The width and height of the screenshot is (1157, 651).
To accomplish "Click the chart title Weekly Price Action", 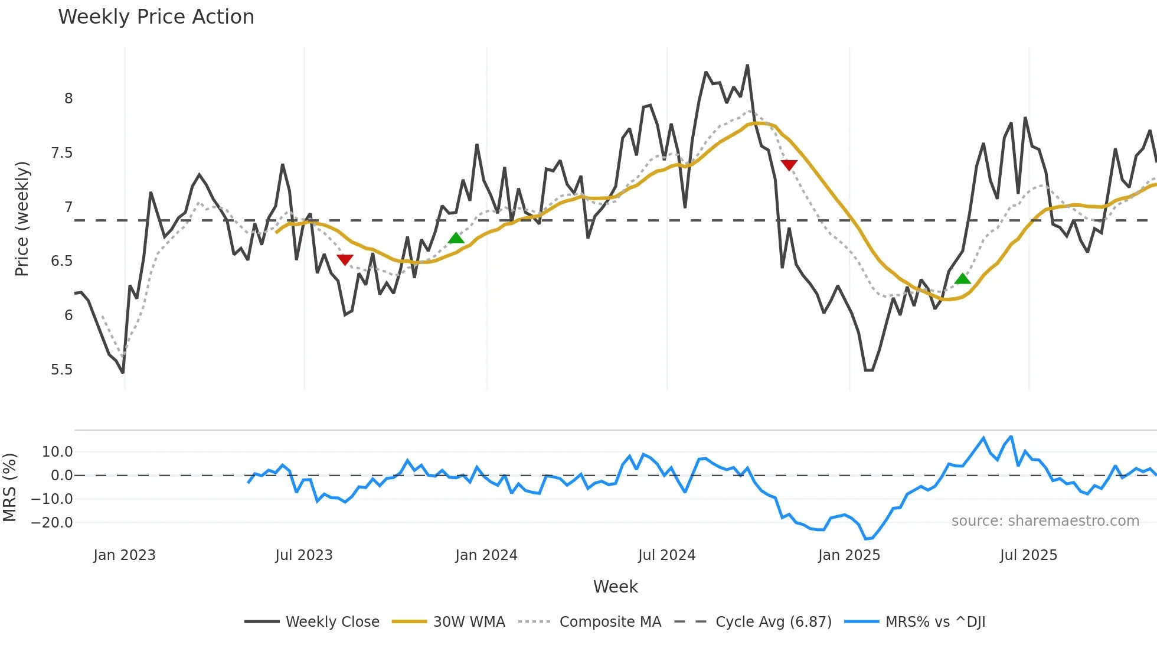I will click(x=156, y=17).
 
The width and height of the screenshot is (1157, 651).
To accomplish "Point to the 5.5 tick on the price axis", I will click(x=61, y=370).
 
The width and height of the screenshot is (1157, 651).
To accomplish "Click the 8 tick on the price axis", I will click(x=68, y=99).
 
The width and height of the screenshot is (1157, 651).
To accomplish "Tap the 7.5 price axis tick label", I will click(x=61, y=153).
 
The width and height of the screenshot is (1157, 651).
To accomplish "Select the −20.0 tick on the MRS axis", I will click(x=52, y=523).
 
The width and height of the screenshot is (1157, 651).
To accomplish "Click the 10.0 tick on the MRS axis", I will click(x=57, y=452).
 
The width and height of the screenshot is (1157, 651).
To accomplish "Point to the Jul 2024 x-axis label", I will click(x=666, y=555).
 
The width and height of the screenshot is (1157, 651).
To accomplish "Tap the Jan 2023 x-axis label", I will click(x=125, y=555).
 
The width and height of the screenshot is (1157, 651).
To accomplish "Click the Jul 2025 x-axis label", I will click(x=1028, y=555).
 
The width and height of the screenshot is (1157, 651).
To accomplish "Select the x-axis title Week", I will click(x=615, y=587).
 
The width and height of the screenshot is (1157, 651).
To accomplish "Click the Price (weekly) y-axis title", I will click(x=22, y=219).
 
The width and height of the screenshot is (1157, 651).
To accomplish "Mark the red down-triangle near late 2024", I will click(x=789, y=165).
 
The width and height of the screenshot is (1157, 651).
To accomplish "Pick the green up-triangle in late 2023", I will click(x=456, y=238).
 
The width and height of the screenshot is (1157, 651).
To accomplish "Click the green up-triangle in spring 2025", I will click(x=962, y=279).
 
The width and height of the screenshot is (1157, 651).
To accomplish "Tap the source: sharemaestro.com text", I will click(x=1045, y=521).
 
